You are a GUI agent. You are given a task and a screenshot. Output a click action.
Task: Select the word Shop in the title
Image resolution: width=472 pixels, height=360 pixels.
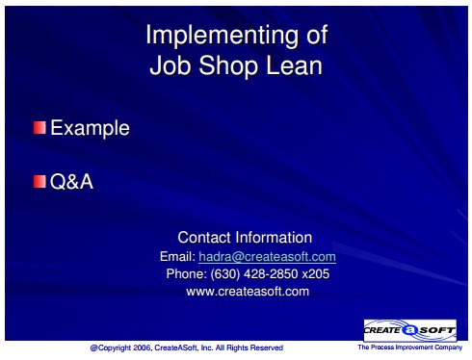pyautogui.click(x=228, y=66)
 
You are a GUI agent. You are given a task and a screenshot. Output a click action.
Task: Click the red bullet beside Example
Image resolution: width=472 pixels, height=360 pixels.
pyautogui.click(x=39, y=127)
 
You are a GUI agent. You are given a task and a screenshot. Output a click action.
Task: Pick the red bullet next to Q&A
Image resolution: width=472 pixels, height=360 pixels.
pyautogui.click(x=39, y=181)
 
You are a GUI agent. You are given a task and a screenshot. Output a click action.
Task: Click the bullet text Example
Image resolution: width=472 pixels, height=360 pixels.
pyautogui.click(x=90, y=128)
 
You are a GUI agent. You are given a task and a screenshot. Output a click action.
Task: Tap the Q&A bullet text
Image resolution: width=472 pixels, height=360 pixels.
pyautogui.click(x=71, y=182)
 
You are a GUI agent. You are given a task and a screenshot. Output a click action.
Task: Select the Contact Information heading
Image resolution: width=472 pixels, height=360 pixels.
pyautogui.click(x=245, y=238)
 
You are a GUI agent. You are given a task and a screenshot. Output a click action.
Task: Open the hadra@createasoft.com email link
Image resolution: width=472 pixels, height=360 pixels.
pyautogui.click(x=267, y=257)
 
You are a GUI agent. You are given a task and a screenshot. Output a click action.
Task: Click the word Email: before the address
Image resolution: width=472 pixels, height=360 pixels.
pyautogui.click(x=177, y=257)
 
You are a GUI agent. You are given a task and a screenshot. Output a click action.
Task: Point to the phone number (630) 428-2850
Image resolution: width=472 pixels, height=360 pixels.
pyautogui.click(x=254, y=274)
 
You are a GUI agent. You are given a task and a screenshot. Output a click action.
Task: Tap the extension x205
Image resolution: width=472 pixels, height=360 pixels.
pyautogui.click(x=316, y=274)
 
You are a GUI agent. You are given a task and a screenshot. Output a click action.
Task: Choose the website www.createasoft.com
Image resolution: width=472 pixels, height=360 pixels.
pyautogui.click(x=248, y=292)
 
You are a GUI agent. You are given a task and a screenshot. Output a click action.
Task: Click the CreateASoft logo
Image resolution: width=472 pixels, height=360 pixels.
pyautogui.click(x=409, y=330)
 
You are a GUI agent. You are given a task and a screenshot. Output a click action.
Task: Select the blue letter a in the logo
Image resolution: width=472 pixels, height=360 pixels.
pyautogui.click(x=409, y=330)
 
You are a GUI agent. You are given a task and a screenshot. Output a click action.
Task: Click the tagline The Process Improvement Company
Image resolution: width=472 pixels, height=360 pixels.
pyautogui.click(x=410, y=347)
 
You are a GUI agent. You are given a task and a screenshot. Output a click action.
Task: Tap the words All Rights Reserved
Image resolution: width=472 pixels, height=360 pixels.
pyautogui.click(x=249, y=347)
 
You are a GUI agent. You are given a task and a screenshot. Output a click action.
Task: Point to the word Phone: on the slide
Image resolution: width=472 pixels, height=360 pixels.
pyautogui.click(x=187, y=274)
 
